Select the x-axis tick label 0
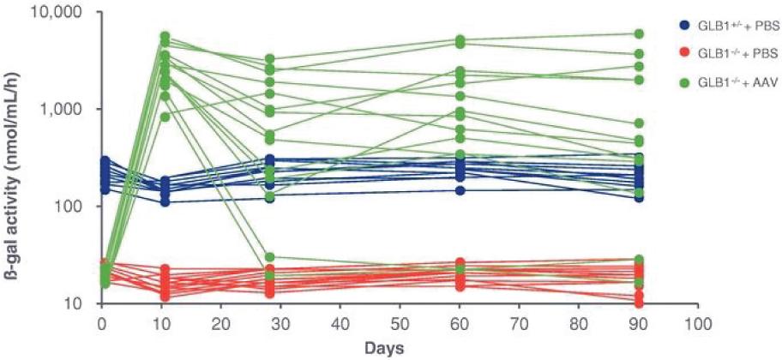[101, 327]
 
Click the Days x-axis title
[400, 348]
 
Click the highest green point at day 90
[638, 34]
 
